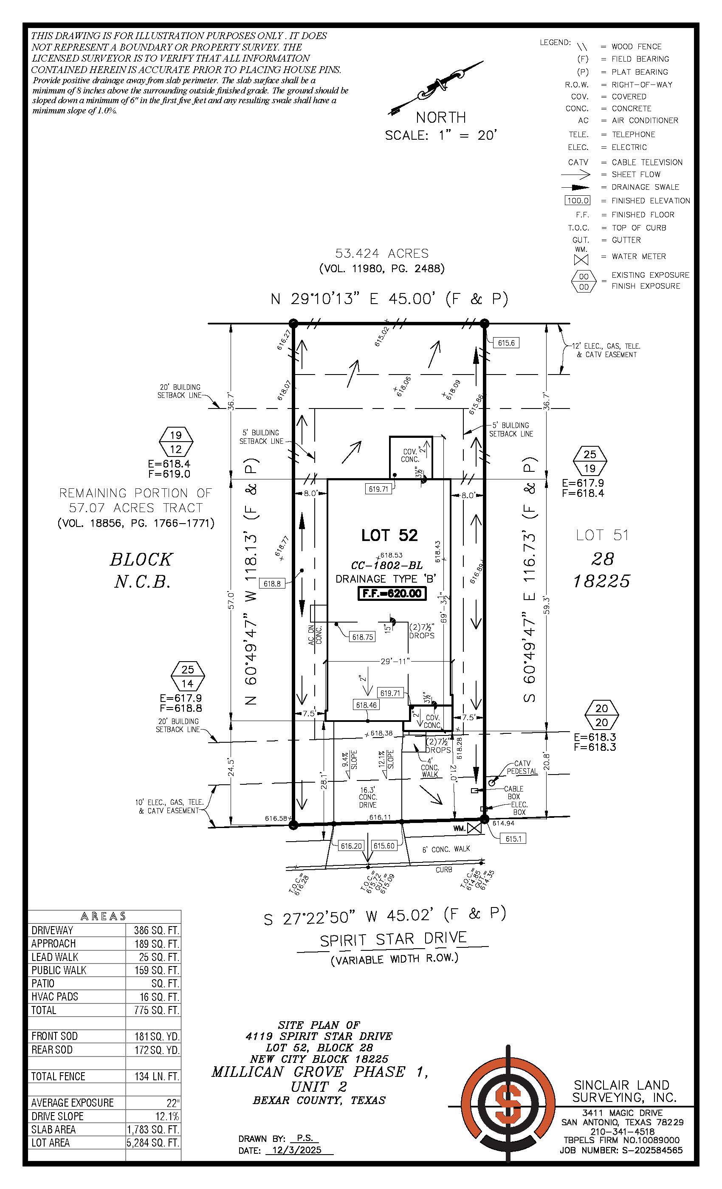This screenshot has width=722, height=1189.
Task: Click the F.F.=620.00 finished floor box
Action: click(392, 593)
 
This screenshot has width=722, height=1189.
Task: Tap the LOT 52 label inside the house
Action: click(389, 535)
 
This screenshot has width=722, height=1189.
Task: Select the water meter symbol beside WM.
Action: click(474, 828)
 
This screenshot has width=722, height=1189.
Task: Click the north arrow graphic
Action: click(436, 88)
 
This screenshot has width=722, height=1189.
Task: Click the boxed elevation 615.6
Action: click(506, 343)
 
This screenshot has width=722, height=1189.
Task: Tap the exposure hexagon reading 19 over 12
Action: click(176, 442)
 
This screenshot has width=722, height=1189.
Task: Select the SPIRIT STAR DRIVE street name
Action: click(393, 939)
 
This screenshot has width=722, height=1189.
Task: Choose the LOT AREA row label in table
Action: click(51, 1143)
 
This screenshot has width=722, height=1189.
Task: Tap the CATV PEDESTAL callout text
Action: click(522, 767)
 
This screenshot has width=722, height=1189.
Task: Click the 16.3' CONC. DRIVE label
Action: click(368, 797)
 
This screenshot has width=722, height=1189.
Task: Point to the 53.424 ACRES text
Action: click(382, 253)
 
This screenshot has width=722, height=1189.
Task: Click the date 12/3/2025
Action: click(296, 1150)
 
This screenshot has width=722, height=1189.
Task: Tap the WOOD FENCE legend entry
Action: click(636, 46)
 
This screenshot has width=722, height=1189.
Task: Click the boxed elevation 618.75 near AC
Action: click(362, 637)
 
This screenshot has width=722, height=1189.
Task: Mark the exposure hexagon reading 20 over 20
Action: click(601, 715)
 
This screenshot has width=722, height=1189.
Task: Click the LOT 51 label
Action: click(602, 535)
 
